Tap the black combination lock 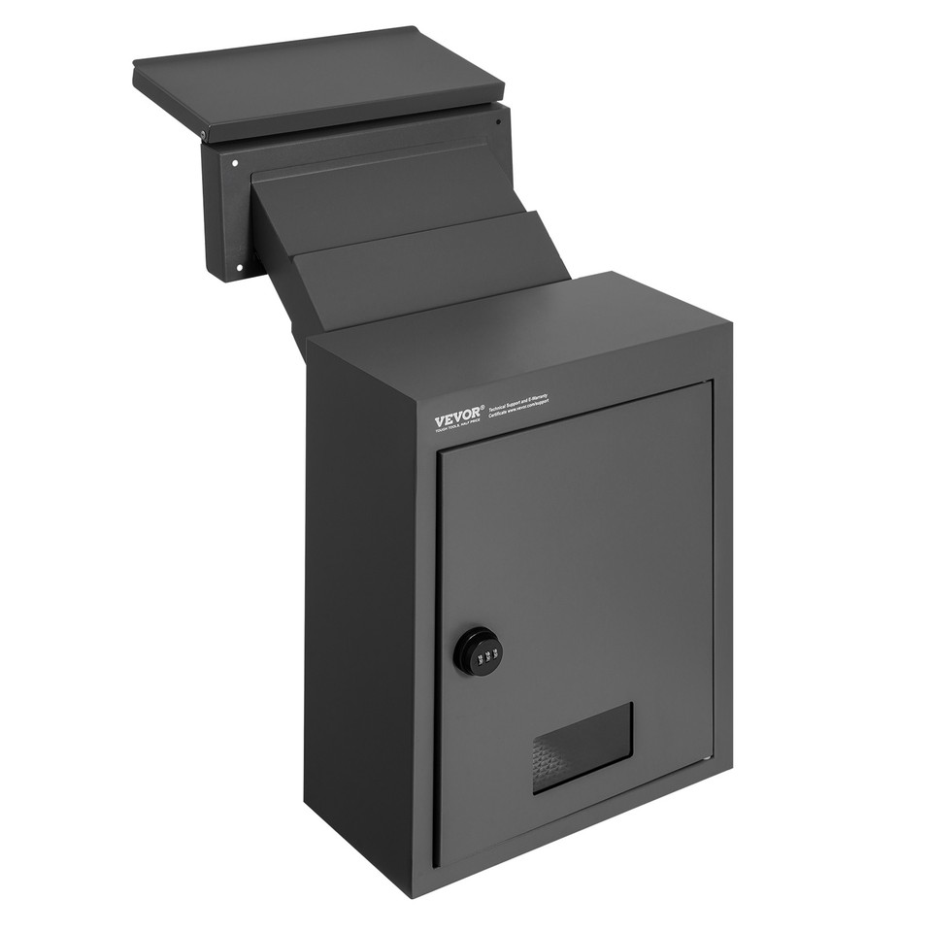coord(478,650)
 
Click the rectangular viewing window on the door coord(582,747)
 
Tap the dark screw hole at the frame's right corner coord(498,122)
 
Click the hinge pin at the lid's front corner coord(203,135)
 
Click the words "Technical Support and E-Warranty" coord(518,404)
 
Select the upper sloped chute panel coord(379,204)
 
